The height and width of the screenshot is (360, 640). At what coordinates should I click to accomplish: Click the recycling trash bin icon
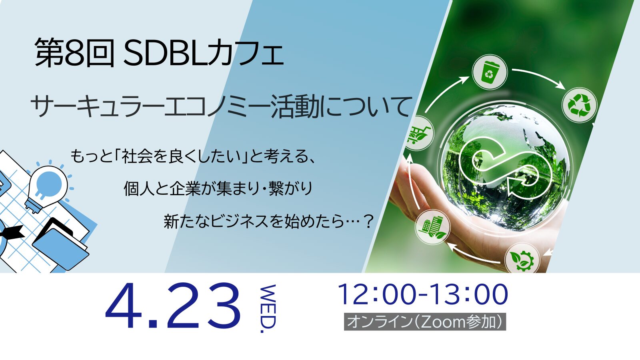[x=490, y=72]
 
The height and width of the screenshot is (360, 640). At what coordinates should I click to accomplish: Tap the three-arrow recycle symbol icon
[x=580, y=105]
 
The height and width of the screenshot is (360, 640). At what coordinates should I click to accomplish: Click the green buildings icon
[x=432, y=228]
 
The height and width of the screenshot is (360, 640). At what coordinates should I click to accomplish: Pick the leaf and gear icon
[x=522, y=258]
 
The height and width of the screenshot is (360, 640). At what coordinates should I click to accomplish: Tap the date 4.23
[x=173, y=306]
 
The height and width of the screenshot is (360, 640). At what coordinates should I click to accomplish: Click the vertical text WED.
[x=268, y=308]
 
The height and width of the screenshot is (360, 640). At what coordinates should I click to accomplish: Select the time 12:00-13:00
[x=423, y=294]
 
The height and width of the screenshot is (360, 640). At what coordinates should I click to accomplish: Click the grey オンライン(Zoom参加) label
[x=425, y=322]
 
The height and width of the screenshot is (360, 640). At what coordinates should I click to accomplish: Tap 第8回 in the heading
[x=74, y=53]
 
